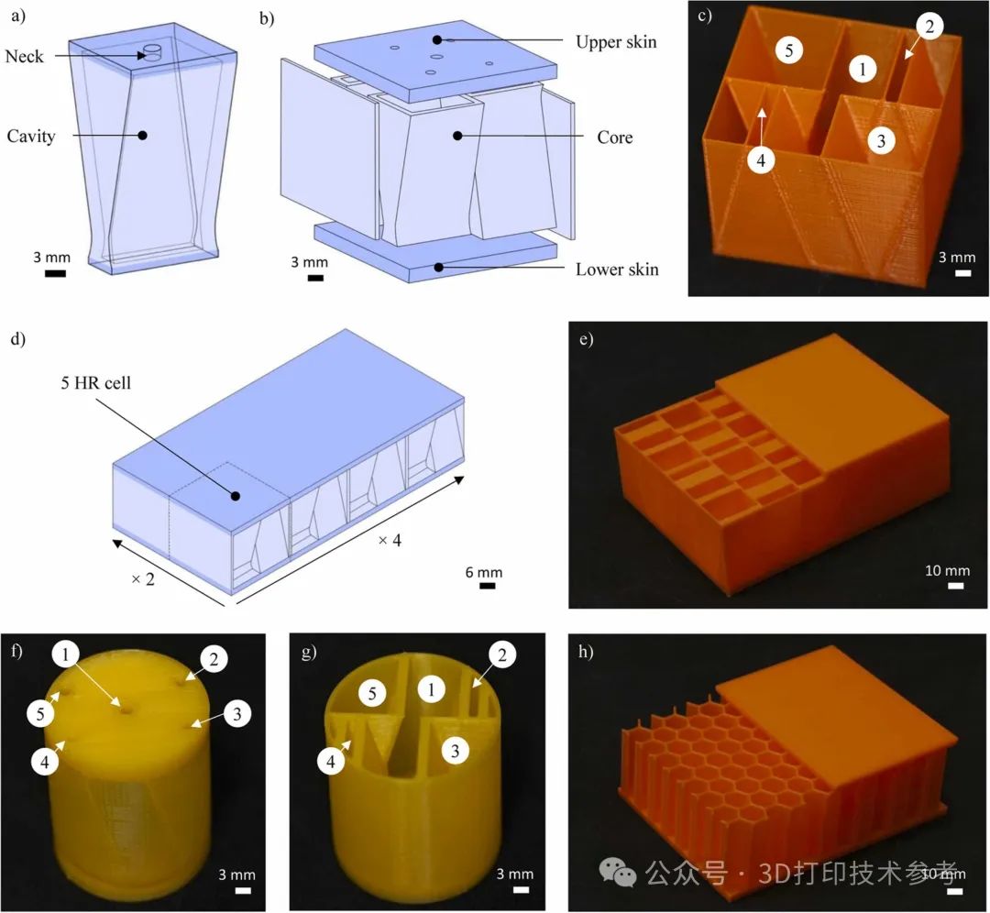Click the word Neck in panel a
pos(24,57)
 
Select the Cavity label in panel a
pos(31,137)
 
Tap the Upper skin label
pos(616,42)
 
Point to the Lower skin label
pos(617,269)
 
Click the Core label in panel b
pos(614,137)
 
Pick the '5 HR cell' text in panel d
pos(96,382)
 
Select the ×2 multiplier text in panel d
pos(143,579)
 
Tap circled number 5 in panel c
pos(788,49)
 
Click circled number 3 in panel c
pos(882,140)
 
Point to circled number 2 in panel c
pos(929,27)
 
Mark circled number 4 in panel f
pos(45,762)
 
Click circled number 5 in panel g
pos(372,694)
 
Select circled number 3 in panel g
pos(456,751)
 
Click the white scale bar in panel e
pos(956,586)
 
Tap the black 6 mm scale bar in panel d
pos(487,586)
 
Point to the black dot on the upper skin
pos(437,39)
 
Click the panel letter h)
pos(586,651)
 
